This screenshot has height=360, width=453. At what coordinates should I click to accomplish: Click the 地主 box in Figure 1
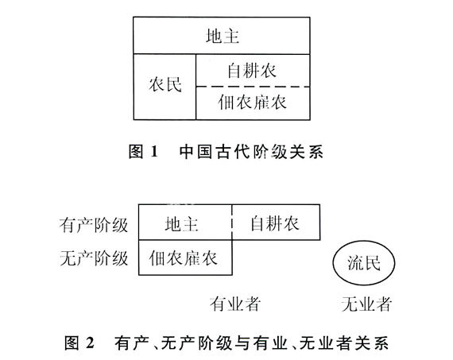(x=222, y=36)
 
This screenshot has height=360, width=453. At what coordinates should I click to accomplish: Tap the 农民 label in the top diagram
(x=165, y=84)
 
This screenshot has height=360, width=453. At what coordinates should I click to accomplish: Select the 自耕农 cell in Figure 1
(x=253, y=70)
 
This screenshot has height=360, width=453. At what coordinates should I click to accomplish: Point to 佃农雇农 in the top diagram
(x=252, y=102)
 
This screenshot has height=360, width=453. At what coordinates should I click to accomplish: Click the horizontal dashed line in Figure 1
(x=253, y=87)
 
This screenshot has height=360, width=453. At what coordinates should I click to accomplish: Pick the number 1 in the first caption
(x=154, y=151)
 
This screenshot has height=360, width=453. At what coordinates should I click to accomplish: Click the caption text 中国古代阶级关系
(x=251, y=152)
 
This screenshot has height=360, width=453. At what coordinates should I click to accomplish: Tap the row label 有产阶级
(x=94, y=225)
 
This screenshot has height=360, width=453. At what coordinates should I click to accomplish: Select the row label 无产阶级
(x=94, y=258)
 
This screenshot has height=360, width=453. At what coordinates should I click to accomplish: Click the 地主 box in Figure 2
(x=185, y=223)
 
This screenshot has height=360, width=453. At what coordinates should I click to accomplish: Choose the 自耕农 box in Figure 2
(x=276, y=223)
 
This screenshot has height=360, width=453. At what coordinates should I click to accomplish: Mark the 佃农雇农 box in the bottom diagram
(x=185, y=257)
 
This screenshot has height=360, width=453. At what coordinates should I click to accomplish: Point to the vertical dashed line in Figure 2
(x=232, y=223)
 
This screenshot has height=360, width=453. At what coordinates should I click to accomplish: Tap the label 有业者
(x=235, y=304)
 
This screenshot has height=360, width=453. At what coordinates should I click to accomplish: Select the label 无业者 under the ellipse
(x=366, y=304)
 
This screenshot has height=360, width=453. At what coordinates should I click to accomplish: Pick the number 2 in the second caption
(x=90, y=343)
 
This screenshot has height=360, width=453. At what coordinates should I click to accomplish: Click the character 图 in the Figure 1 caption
(x=136, y=152)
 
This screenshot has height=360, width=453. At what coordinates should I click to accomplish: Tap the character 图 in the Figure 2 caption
(x=72, y=343)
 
